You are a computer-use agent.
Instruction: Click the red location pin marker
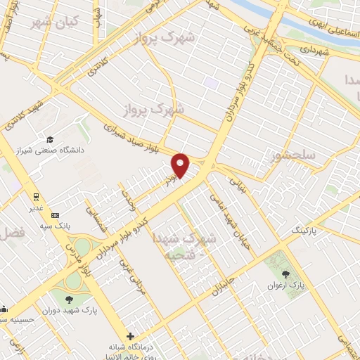click(x=181, y=165)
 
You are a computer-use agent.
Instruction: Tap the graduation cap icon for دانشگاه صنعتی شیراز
click(x=49, y=140)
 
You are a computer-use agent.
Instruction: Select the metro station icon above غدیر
click(x=34, y=196)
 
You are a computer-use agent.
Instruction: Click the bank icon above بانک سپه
click(x=56, y=215)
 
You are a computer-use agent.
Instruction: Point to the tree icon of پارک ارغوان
click(x=285, y=274)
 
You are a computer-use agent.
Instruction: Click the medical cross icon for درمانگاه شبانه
click(x=131, y=336)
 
